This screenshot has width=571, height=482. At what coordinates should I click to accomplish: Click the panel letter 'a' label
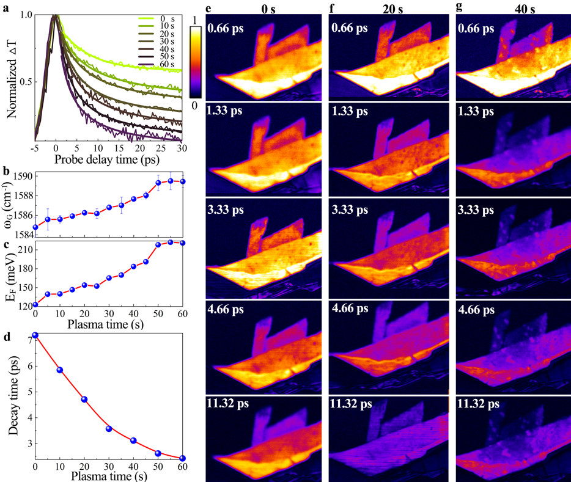coord(6,6)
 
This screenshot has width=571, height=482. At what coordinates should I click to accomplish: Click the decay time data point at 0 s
coord(35,335)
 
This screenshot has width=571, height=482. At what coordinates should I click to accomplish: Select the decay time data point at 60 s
coord(182,458)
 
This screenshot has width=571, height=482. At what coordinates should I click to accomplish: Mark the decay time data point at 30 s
coord(109,429)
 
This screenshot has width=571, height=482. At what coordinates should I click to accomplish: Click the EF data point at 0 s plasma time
coord(35,304)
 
